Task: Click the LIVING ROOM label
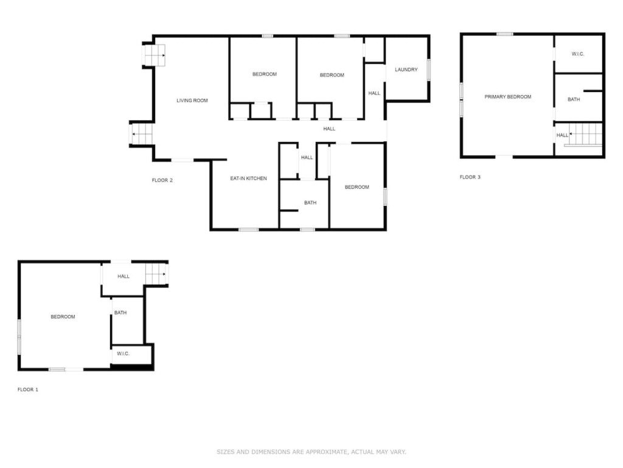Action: click(x=192, y=101)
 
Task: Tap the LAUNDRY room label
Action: click(x=406, y=69)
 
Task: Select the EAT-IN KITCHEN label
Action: click(x=248, y=179)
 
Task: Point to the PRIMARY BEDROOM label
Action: click(x=507, y=97)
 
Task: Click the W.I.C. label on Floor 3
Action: click(x=578, y=54)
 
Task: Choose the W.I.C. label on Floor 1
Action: click(x=123, y=353)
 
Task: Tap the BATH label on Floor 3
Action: click(x=573, y=99)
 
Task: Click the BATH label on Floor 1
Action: click(x=120, y=313)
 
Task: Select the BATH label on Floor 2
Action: click(x=310, y=202)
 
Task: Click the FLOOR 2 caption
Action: click(x=162, y=180)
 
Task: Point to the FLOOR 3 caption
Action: click(x=470, y=177)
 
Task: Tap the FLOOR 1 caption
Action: click(x=28, y=389)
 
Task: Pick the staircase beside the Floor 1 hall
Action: click(x=155, y=274)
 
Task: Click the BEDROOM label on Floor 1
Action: click(x=63, y=317)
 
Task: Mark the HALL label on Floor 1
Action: click(x=123, y=276)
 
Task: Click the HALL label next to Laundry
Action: click(x=374, y=93)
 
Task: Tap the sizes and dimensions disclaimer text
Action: click(x=311, y=452)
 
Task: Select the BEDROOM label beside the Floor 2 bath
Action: click(x=357, y=187)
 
